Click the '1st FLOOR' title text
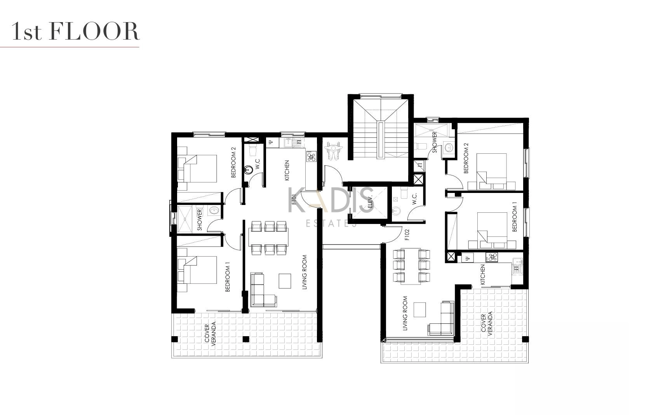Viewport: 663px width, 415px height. pos(75,31)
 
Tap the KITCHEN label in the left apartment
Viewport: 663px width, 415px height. pos(287,171)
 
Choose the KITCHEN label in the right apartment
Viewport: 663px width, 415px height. pos(482,275)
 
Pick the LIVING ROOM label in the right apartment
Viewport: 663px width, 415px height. pos(405,313)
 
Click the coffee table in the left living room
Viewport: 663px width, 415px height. pos(285,281)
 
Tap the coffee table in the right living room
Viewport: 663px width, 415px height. pos(420,310)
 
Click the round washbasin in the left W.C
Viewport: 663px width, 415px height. pos(249,170)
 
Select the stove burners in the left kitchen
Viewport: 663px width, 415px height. pos(311,156)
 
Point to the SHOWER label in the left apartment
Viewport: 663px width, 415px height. pos(200,220)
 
